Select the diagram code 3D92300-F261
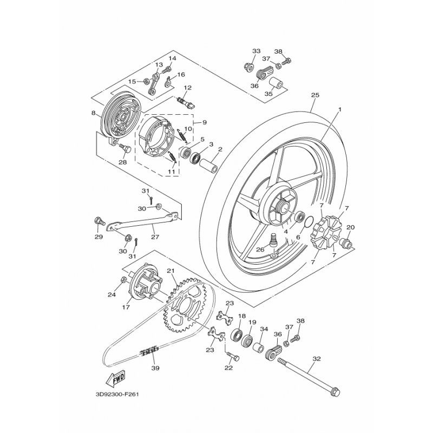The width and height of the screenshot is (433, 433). tap(117, 394)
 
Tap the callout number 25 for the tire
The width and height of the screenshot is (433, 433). tap(315, 95)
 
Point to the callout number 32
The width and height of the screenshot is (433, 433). tap(317, 359)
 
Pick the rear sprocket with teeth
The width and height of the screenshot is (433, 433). tap(187, 306)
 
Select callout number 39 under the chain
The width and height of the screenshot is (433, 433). tap(155, 368)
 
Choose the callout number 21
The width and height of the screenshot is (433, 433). tap(171, 271)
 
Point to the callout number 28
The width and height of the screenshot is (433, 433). tap(123, 162)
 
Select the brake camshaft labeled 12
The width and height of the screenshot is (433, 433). tap(186, 102)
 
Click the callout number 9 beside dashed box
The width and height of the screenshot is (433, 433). tap(205, 122)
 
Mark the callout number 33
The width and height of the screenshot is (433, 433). tap(256, 51)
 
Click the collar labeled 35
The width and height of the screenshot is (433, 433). tap(276, 83)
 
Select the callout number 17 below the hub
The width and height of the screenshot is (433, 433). tap(126, 307)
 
